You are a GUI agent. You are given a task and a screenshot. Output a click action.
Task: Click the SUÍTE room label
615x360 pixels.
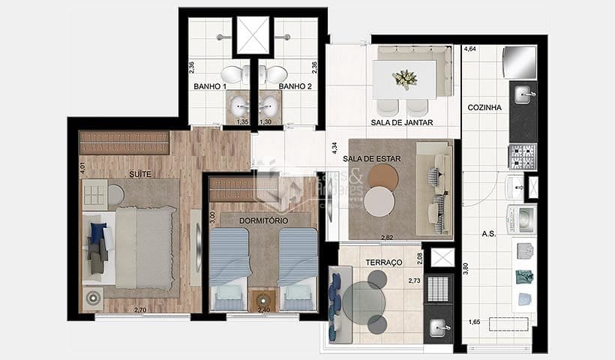pos(140,174)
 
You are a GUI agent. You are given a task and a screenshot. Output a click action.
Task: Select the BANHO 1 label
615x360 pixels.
pos(210,86)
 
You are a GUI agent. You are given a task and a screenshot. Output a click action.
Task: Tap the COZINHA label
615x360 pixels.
pos(484,107)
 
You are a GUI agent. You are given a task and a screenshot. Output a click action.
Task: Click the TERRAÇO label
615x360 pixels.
pos(383,262)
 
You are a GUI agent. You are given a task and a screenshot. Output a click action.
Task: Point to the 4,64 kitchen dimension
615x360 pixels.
pos(470,49)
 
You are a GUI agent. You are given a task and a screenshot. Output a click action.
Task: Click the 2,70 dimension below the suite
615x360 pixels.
pos(141,309)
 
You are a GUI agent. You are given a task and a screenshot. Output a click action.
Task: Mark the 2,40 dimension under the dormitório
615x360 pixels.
pos(264,309)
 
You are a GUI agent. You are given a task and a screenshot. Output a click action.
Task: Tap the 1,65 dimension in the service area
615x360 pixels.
pos(475,322)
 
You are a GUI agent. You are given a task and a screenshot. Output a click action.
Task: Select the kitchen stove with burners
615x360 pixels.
pos(523,156)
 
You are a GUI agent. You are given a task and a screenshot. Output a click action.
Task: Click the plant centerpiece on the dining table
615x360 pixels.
pos(406,77)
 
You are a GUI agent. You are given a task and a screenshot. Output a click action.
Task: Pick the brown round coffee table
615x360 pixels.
pos(383,178)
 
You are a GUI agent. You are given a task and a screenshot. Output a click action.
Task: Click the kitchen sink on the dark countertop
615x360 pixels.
pos(524,95)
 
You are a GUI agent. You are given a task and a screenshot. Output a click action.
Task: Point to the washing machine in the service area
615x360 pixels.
pos(523,218)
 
